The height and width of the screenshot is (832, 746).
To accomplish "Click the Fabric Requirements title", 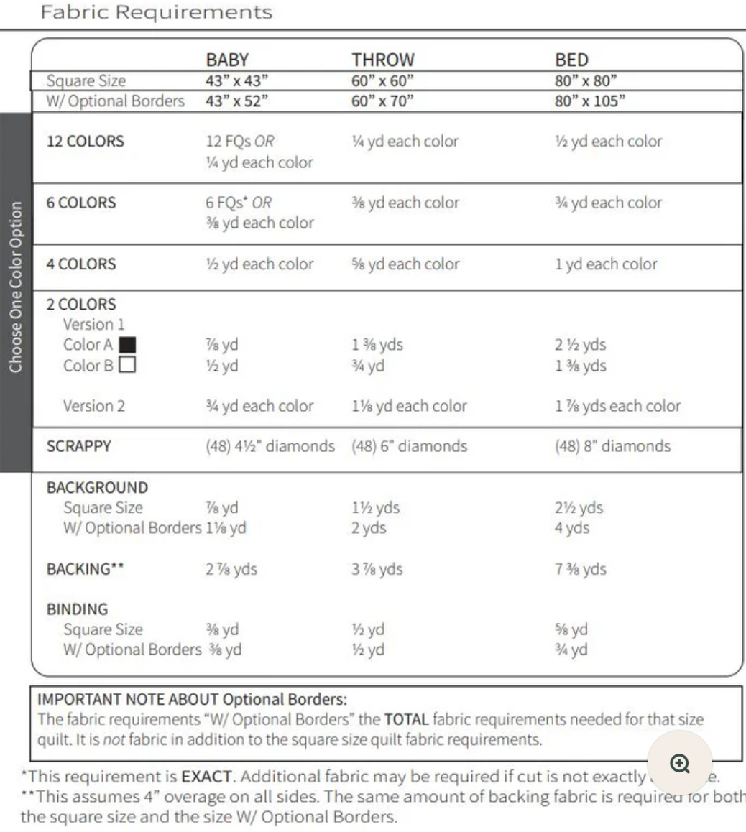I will [x=156, y=12].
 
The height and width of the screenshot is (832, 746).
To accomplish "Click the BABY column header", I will [x=227, y=60].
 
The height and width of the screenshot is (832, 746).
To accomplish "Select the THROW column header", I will [x=382, y=60].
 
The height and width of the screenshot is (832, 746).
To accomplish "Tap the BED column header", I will [x=571, y=60].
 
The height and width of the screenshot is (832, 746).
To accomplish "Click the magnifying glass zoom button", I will [x=679, y=763].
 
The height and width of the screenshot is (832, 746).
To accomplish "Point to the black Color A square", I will [x=127, y=345].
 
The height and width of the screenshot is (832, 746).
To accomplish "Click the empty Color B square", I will [x=127, y=365].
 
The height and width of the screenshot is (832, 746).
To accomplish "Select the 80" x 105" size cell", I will [x=589, y=101].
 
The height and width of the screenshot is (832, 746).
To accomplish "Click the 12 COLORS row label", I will [x=85, y=142].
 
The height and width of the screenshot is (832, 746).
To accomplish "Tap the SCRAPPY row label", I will [x=79, y=446].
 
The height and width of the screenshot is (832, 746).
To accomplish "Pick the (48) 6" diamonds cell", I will [x=409, y=446].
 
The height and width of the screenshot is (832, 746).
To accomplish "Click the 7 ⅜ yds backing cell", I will [x=580, y=570].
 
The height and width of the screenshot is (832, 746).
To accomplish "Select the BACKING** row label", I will [x=85, y=570].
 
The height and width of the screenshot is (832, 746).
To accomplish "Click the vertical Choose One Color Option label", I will [x=16, y=287].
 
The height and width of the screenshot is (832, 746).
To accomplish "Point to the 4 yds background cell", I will [x=572, y=528].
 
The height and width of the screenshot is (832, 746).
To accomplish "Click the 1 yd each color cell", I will [x=605, y=264].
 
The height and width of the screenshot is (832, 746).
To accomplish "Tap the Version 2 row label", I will [x=93, y=406].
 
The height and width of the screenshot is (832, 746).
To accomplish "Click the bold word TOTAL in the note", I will [x=406, y=719].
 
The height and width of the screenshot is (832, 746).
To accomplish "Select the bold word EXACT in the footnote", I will [x=206, y=777].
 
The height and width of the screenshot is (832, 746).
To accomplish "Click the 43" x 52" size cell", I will [x=236, y=101].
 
